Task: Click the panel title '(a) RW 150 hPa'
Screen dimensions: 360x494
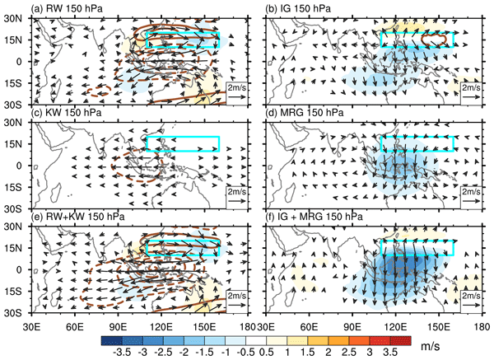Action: [68, 10]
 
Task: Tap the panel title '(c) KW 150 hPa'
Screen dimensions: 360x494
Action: [68, 113]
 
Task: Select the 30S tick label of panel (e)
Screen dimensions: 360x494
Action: [14, 313]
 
